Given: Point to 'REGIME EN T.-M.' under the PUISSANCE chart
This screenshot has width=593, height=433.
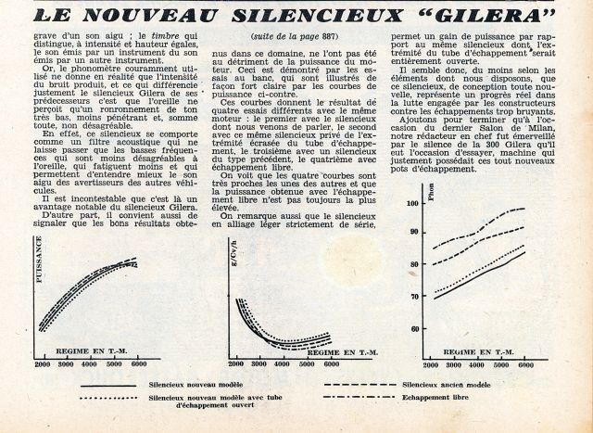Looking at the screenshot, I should [x=103, y=350].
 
